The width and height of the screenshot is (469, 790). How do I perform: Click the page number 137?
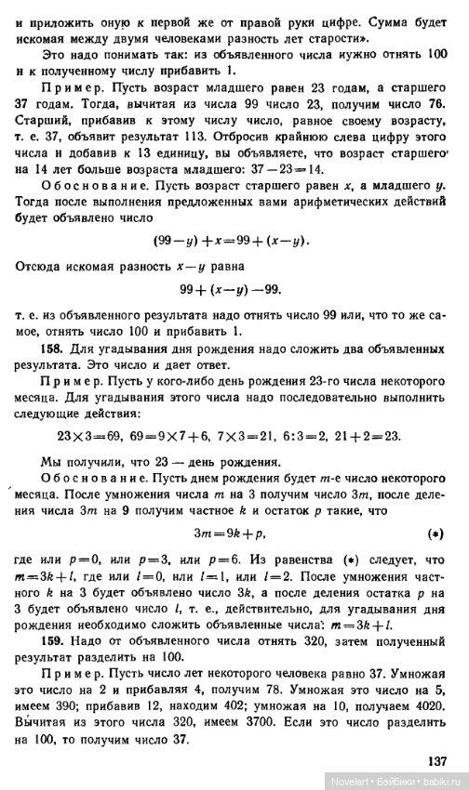pyautogui.click(x=436, y=761)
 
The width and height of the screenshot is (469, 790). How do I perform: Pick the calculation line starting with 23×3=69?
pyautogui.click(x=229, y=434)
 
